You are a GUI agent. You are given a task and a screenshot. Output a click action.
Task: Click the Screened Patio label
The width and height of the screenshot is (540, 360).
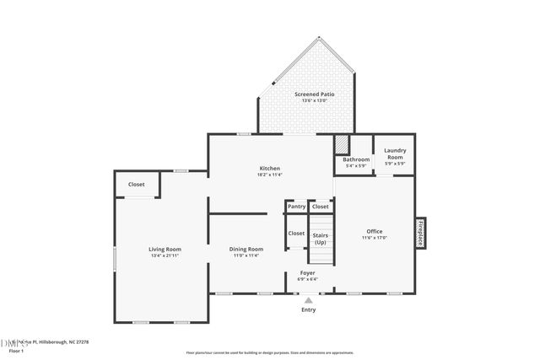click(x=314, y=94)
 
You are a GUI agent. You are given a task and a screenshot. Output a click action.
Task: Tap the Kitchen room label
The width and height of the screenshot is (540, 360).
click(x=269, y=169)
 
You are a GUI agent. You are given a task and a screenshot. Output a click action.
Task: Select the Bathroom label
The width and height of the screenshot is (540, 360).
click(x=356, y=159)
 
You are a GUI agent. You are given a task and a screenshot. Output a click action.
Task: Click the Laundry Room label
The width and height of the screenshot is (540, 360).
click(x=395, y=154)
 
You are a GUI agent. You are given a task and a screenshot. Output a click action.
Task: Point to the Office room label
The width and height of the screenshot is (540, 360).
click(x=374, y=231)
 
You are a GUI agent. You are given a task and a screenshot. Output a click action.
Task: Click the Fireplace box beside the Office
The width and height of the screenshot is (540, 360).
click(x=419, y=234)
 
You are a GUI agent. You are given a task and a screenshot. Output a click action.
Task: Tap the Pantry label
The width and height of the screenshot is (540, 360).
click(x=296, y=207)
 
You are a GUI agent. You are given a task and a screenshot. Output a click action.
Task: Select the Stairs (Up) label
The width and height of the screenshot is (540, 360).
click(x=321, y=239)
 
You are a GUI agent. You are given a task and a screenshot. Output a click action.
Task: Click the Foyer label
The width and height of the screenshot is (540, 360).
click(x=308, y=273)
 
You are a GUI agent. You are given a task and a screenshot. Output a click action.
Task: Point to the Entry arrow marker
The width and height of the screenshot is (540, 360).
click(x=309, y=299)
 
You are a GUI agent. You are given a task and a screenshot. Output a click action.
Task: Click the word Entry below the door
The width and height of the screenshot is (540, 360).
click(x=309, y=309)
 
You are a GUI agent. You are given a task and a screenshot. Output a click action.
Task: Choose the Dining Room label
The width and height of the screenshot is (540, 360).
click(x=247, y=250)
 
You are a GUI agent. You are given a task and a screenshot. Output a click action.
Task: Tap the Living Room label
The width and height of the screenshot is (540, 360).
click(x=165, y=250)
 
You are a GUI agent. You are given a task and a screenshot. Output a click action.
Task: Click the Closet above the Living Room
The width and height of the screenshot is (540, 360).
click(x=136, y=185)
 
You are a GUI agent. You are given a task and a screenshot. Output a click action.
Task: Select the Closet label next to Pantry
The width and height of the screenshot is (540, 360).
click(x=321, y=207)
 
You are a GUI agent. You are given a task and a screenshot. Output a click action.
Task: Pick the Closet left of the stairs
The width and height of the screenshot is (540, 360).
click(x=296, y=234)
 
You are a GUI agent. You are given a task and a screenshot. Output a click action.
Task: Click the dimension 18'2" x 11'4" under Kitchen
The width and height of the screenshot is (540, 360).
click(x=269, y=175)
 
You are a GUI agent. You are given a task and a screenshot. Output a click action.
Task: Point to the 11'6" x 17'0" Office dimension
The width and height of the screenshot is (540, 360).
click(x=374, y=237)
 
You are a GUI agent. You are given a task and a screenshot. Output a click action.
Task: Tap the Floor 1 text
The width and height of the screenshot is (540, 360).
click(x=16, y=350)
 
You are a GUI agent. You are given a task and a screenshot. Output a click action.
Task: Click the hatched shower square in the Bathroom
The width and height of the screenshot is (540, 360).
click(x=342, y=143)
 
